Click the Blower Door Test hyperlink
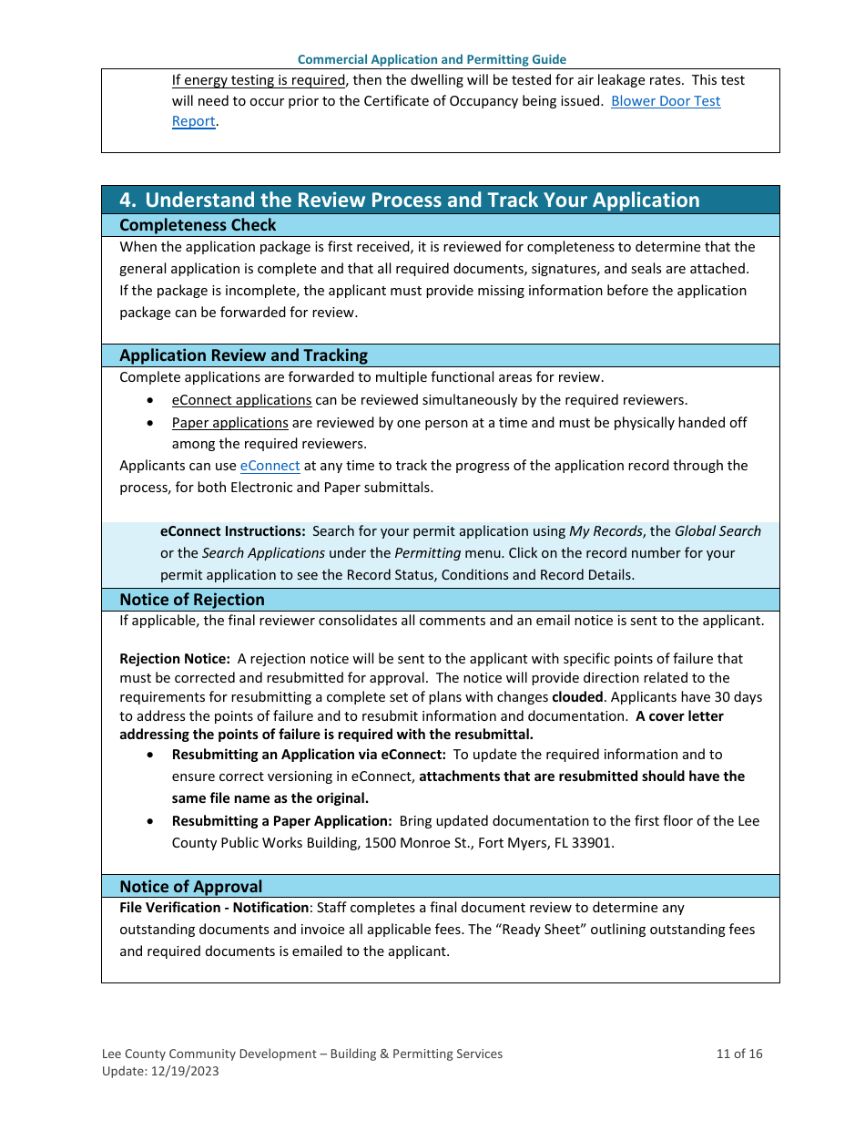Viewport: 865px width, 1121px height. (665, 101)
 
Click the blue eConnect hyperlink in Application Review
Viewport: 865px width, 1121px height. (270, 466)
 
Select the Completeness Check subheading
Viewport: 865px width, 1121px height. (198, 225)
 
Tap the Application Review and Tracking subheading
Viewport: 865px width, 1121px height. (243, 355)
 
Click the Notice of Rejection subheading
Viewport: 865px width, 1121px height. (192, 600)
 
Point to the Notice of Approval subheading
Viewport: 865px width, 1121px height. (190, 887)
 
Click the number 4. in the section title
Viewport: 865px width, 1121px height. (128, 201)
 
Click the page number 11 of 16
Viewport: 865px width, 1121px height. (738, 1054)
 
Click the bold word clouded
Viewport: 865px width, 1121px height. (577, 697)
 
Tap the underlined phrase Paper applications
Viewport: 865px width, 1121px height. (229, 423)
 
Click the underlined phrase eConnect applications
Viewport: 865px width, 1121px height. (241, 400)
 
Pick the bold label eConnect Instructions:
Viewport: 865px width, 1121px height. (232, 531)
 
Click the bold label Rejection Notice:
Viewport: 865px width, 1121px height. (174, 659)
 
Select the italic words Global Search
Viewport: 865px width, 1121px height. (717, 531)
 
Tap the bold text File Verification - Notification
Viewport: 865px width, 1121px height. (214, 908)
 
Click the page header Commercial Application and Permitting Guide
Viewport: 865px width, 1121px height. (432, 59)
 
